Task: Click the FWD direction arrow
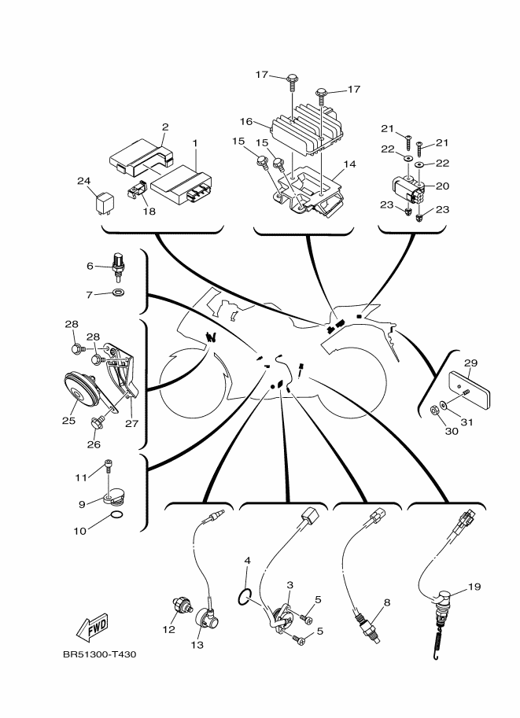93,628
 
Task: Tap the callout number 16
245,122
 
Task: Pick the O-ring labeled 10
115,516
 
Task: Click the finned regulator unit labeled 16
302,130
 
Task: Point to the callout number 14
350,164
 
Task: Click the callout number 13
197,645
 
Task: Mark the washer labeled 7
118,293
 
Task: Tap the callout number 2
165,127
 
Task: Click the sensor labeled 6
118,267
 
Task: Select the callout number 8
387,603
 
